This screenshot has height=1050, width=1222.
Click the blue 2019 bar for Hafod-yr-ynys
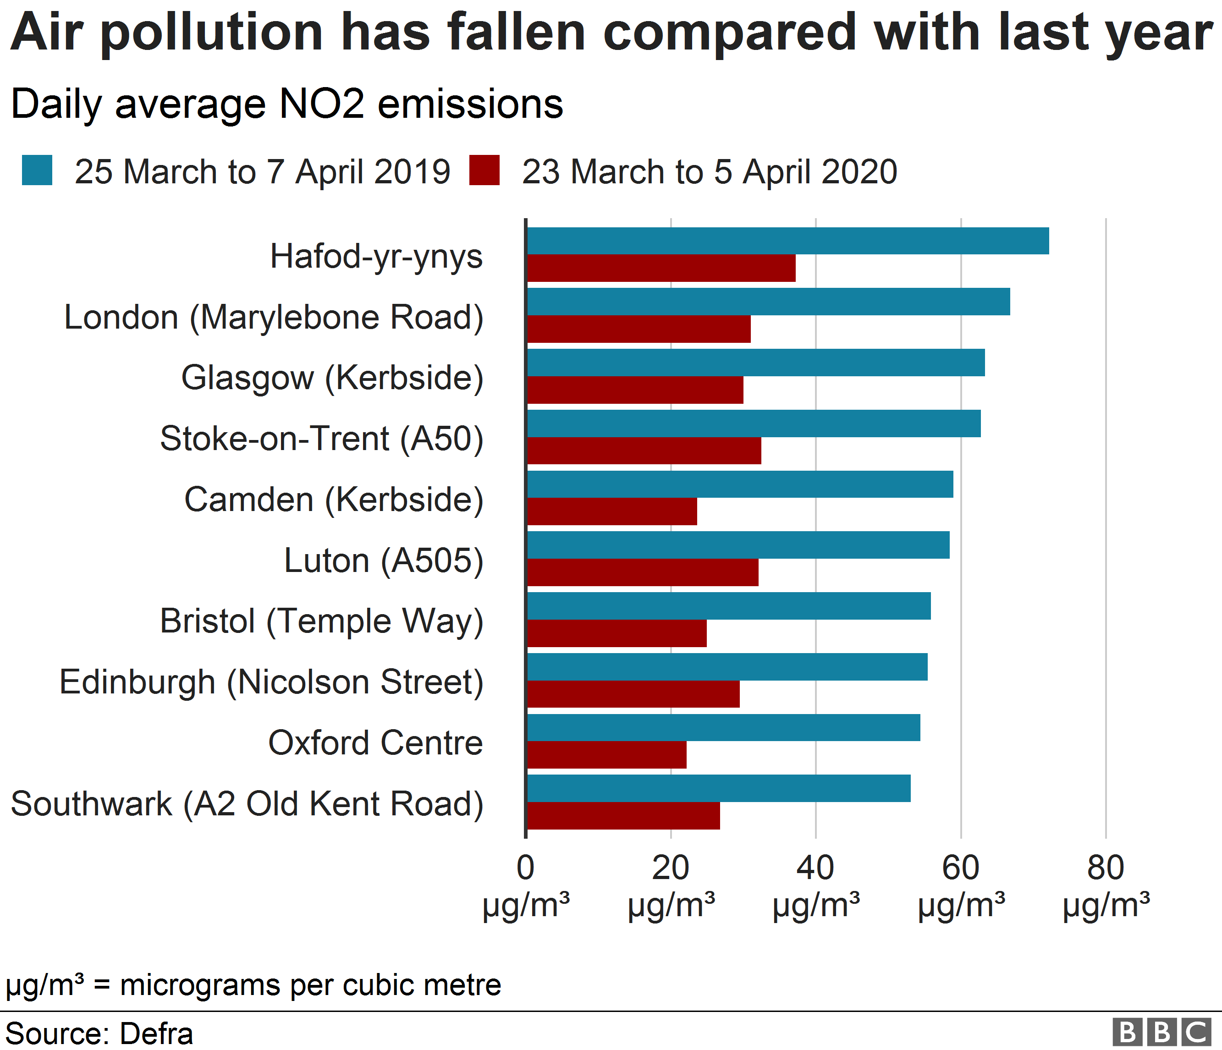(x=787, y=241)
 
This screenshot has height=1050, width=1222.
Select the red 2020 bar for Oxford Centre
(x=606, y=755)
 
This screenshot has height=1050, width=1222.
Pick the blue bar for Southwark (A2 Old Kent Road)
(x=718, y=788)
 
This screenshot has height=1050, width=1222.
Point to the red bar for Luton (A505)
(x=642, y=572)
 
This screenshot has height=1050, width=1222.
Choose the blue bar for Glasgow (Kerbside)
(x=755, y=363)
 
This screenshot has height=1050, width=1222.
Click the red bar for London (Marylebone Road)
(x=639, y=329)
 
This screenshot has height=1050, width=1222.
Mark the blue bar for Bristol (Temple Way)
(x=728, y=606)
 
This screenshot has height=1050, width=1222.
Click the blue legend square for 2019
(x=37, y=170)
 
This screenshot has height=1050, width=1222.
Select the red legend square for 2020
(x=484, y=170)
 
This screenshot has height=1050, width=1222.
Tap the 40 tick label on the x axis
(x=815, y=869)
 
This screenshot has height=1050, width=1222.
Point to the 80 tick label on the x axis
(x=1105, y=869)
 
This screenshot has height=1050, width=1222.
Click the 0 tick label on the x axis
(x=525, y=869)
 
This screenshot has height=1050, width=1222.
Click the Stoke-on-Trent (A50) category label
(x=321, y=439)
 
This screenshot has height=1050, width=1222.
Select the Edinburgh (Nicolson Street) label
(x=271, y=682)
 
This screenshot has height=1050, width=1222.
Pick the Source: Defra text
(x=99, y=1034)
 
